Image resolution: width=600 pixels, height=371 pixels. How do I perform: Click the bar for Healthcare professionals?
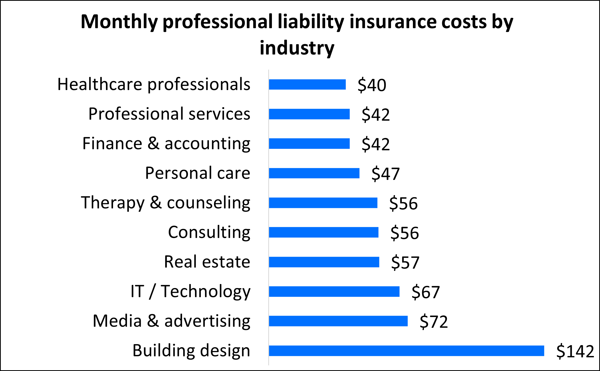coord(307,85)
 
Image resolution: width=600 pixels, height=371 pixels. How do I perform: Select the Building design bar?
coord(406,351)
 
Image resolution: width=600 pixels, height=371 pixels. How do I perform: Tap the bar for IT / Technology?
coord(334,291)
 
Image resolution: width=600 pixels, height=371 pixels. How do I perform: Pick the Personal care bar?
coord(314,173)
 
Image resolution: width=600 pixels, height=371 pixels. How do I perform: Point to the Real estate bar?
coord(324,262)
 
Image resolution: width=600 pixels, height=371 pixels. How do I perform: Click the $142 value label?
coord(575,351)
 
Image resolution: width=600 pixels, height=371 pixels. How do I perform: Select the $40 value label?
coord(372,85)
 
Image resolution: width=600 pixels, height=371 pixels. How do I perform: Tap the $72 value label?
coord(433,321)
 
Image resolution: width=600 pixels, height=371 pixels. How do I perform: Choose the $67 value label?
coord(426,292)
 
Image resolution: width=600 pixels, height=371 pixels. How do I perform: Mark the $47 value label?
coord(385,174)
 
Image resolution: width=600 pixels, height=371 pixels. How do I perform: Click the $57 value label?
coord(405,263)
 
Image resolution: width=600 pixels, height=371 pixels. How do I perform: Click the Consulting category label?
coord(209,233)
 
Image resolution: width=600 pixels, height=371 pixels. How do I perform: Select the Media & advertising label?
coord(172,321)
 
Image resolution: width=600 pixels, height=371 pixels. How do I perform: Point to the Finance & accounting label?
coord(166,144)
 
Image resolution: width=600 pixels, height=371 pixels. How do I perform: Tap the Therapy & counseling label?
coord(165,203)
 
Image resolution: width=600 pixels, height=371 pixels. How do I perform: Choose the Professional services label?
coord(169,114)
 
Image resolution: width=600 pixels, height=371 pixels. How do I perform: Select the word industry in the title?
coord(297,48)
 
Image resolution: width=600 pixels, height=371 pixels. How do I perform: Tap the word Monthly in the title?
coord(119,22)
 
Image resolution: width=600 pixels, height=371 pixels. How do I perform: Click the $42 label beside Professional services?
coord(375,115)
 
